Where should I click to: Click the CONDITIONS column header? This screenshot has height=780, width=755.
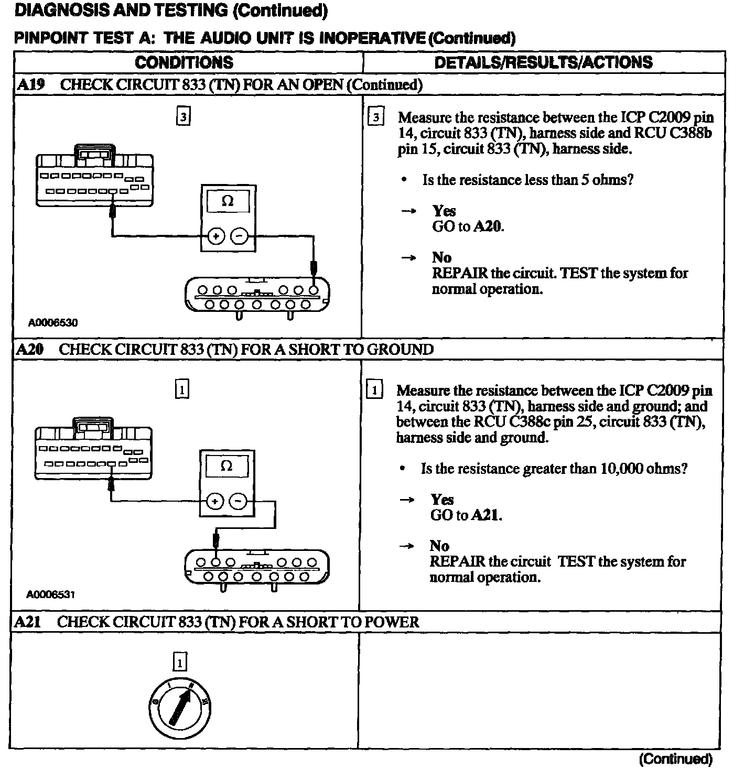coord(184,62)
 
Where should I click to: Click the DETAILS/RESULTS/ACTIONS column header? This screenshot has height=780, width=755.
coord(543,62)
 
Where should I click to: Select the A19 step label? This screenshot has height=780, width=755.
coord(30,85)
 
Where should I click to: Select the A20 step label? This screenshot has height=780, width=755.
coord(29,349)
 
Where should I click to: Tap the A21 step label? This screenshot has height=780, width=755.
coord(28,622)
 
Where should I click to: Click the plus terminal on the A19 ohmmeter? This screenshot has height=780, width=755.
coord(215,236)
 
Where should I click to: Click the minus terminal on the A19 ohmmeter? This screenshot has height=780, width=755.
coord(240,236)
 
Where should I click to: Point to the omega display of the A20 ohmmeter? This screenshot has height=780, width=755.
coord(226,466)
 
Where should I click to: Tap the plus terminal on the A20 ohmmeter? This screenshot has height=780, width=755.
coord(214,502)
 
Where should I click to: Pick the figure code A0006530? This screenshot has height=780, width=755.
coord(53,323)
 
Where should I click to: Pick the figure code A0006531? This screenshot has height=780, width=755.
coord(51,594)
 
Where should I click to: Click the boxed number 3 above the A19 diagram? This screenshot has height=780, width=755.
coord(183,117)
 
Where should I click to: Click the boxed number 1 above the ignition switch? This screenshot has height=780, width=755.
coord(179,663)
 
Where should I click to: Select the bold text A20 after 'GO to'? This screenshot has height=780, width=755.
coord(488,226)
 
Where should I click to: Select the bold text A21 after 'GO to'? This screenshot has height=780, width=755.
coord(486,515)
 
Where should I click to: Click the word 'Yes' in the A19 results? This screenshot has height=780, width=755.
coord(444,211)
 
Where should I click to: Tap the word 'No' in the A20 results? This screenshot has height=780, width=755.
coord(439,546)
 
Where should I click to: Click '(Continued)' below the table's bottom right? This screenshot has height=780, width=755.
coord(676,759)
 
